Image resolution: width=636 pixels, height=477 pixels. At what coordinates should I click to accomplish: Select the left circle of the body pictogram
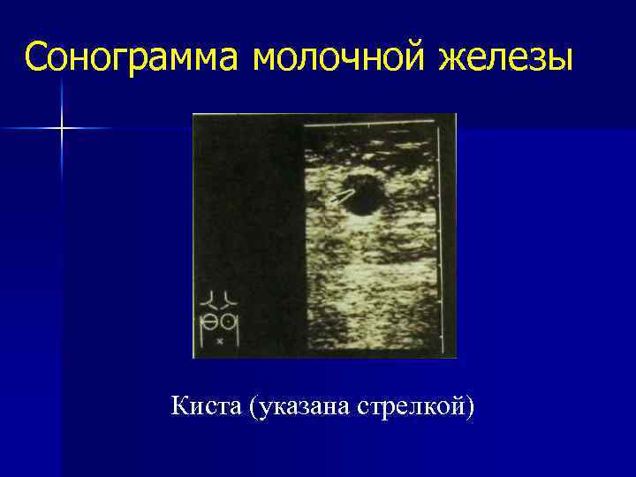[212, 321]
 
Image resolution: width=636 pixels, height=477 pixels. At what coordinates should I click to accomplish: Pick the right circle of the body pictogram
[230, 321]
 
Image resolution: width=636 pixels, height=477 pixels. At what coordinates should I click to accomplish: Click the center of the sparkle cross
[62, 129]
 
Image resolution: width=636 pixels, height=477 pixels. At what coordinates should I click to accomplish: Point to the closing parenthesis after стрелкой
[470, 408]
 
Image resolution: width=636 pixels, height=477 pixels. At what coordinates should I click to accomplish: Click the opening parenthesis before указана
[254, 408]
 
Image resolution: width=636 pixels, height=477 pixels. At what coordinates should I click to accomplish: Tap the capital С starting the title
[36, 57]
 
